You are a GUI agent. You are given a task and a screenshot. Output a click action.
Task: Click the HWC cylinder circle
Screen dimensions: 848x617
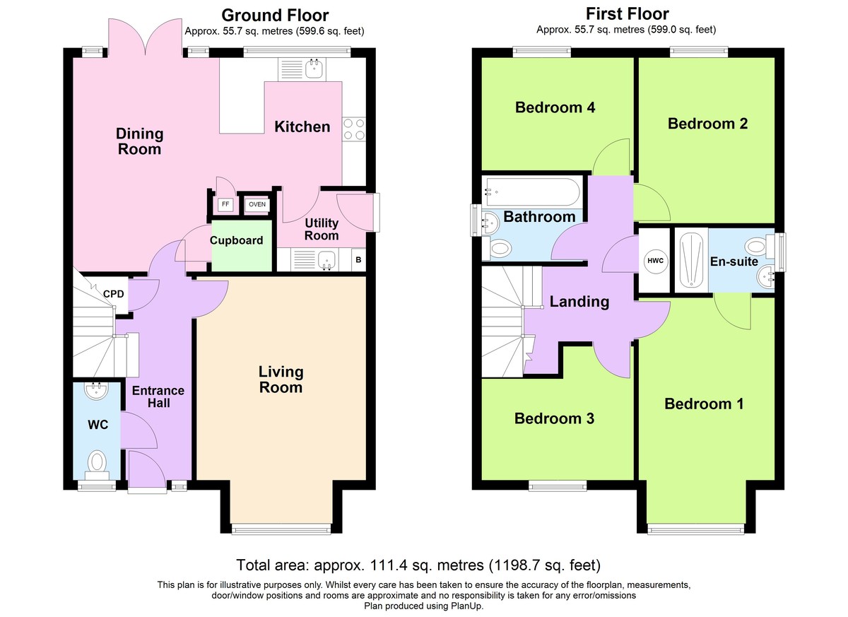click(x=655, y=260)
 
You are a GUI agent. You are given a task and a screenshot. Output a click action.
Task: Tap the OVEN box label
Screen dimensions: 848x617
click(x=257, y=204)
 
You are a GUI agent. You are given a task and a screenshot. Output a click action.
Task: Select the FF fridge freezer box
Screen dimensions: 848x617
click(x=225, y=204)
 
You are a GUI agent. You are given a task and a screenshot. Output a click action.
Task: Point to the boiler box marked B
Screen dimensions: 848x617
click(x=358, y=259)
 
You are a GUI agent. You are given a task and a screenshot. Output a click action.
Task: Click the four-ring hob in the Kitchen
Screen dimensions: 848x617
click(x=354, y=129)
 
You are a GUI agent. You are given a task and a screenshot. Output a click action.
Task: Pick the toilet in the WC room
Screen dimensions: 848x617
click(x=98, y=465)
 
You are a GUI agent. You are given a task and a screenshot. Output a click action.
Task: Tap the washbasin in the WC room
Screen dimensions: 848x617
click(x=97, y=391)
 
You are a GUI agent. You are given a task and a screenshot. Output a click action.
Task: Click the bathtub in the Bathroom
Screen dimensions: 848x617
click(x=532, y=192)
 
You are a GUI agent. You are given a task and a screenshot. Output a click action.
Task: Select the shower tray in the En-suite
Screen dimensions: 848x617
click(x=691, y=260)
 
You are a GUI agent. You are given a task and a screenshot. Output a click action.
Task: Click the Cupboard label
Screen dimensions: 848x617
click(x=236, y=240)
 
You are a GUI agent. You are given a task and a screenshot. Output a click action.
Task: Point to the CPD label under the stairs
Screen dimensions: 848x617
click(x=114, y=294)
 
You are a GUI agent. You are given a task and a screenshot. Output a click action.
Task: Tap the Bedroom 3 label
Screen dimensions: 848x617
click(x=554, y=418)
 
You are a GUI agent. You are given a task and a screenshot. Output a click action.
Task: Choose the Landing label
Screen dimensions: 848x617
click(x=579, y=302)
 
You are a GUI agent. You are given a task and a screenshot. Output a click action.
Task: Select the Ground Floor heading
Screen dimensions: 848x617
click(x=275, y=16)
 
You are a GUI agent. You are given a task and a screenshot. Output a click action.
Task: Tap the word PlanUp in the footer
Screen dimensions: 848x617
click(x=467, y=606)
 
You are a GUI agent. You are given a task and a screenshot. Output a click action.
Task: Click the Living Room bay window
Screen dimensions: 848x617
click(x=281, y=529)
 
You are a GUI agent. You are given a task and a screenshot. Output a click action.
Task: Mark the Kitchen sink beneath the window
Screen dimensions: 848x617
click(x=302, y=69)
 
